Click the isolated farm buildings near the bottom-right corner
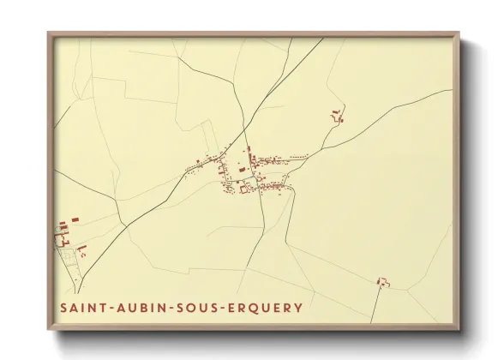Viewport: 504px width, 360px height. tap(381, 282)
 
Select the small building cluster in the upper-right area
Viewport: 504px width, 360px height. tap(337, 116)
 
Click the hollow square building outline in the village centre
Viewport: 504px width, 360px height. tap(244, 190)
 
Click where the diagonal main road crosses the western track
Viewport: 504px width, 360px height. tap(125, 226)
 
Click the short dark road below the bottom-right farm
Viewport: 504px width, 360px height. tap(375, 304)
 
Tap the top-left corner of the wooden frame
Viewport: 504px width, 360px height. tap(49, 33)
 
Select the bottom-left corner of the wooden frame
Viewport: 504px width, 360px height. tap(49, 328)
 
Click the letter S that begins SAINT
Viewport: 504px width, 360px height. tap(64, 307)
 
